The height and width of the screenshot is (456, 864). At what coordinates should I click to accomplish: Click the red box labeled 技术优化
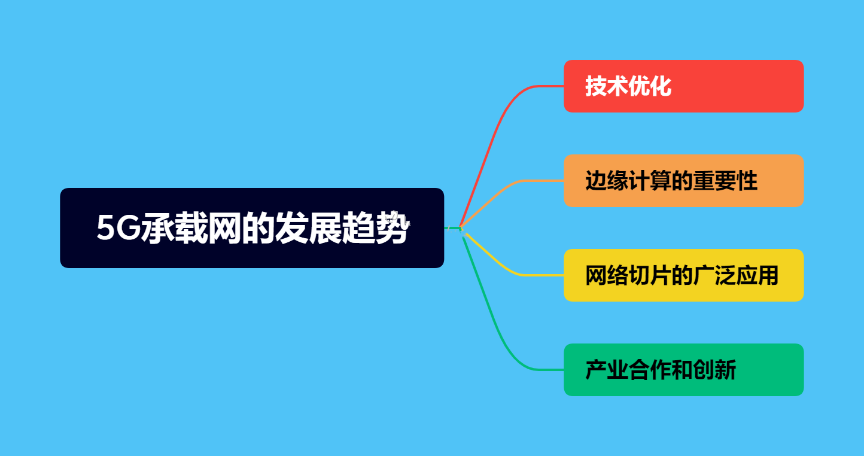(x=683, y=86)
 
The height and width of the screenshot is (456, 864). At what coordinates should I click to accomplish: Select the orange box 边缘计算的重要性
(x=683, y=181)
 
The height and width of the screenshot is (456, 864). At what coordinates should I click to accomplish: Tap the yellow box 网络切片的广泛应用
(x=683, y=275)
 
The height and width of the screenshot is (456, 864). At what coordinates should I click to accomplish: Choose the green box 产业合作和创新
(x=683, y=370)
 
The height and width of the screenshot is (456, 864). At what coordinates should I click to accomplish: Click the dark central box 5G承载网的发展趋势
(x=251, y=228)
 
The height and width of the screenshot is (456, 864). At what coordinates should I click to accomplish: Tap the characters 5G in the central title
(x=118, y=229)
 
